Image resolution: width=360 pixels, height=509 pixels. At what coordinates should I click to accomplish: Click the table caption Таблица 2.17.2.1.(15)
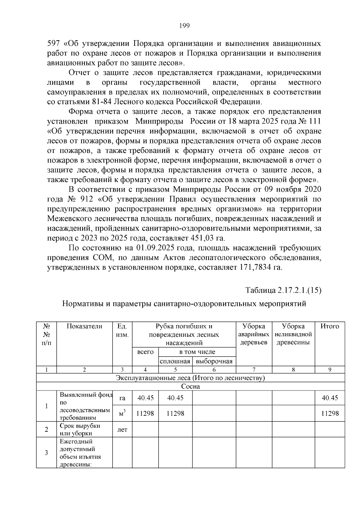283,290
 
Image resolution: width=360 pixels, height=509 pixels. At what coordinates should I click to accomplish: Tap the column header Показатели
84,327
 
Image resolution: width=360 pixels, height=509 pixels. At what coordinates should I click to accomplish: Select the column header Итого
329,327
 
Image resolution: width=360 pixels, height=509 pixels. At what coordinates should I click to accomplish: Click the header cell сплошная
175,361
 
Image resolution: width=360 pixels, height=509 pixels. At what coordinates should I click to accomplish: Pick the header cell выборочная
214,361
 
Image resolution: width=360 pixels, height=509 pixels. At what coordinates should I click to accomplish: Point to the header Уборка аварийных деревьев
253,334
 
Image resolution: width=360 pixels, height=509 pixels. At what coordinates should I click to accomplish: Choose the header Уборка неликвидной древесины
293,334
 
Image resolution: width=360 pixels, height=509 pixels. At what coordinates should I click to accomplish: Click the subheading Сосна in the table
190,386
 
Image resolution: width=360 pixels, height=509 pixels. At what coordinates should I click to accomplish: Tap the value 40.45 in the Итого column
330,398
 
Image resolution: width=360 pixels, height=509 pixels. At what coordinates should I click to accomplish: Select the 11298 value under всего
145,413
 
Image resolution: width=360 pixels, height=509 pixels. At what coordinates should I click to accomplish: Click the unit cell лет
122,430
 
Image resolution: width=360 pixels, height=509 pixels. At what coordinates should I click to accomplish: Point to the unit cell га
122,398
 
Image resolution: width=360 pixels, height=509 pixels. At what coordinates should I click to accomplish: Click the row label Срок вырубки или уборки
80,430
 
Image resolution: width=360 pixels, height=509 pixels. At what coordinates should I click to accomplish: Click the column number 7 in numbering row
253,370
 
